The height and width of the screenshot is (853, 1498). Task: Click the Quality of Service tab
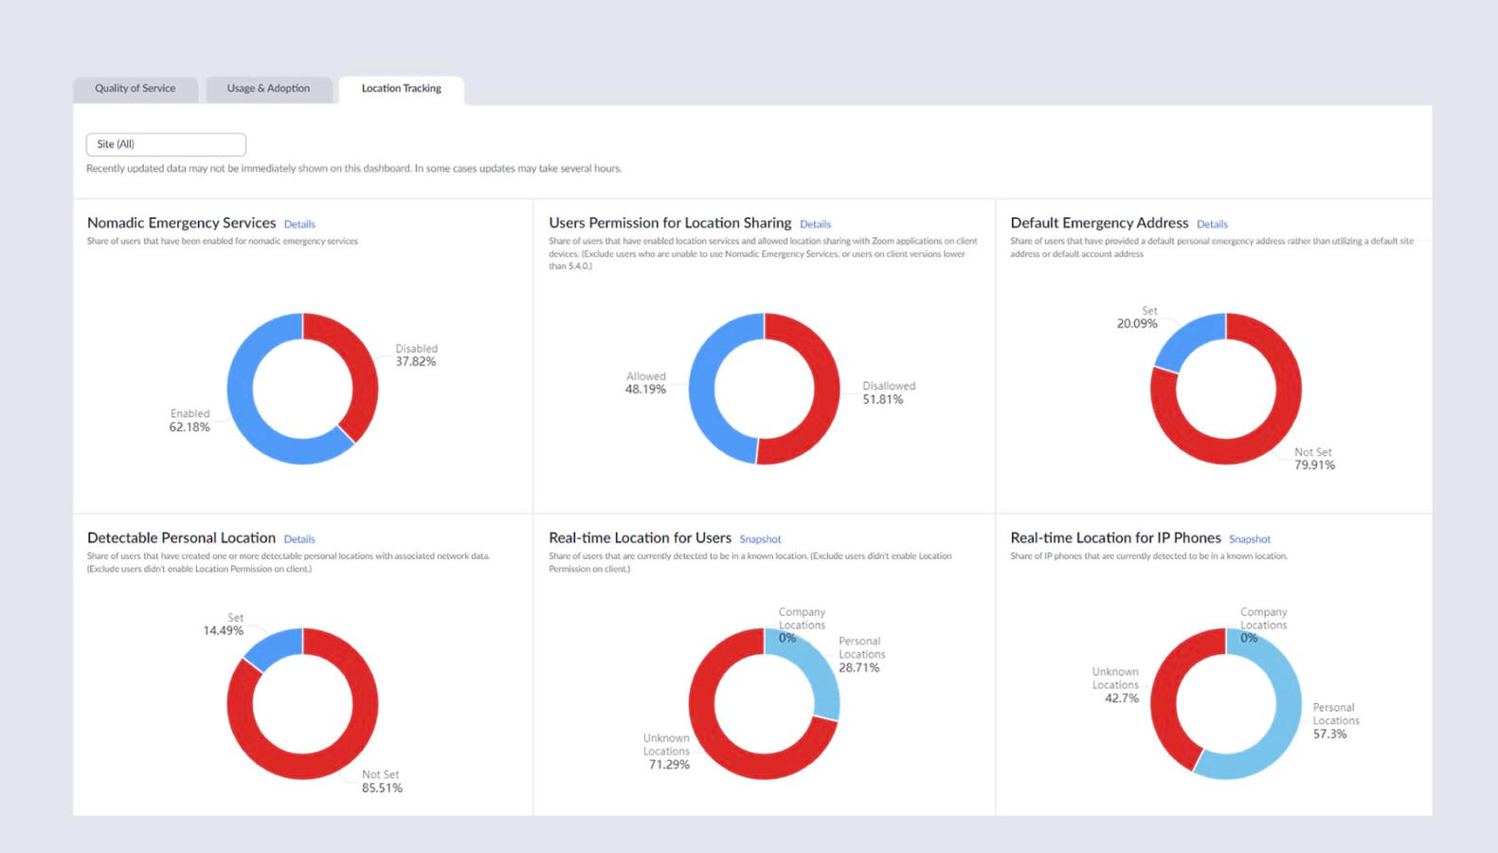tap(135, 89)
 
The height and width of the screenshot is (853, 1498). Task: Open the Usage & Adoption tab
tap(268, 89)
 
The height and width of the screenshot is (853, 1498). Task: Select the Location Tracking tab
tap(401, 89)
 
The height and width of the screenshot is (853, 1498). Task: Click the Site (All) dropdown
tap(166, 144)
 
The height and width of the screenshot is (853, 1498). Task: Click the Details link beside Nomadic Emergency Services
tap(299, 225)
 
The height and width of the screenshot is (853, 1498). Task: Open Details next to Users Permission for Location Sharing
tap(815, 225)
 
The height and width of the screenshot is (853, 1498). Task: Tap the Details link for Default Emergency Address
tap(1212, 225)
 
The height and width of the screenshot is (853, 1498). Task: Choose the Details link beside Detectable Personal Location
tap(299, 539)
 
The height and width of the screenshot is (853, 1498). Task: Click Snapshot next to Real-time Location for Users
tap(760, 539)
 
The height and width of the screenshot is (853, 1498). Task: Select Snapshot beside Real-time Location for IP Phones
tap(1250, 539)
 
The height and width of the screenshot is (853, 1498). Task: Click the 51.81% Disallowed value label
tap(883, 400)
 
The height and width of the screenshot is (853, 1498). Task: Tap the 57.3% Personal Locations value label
tap(1329, 735)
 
